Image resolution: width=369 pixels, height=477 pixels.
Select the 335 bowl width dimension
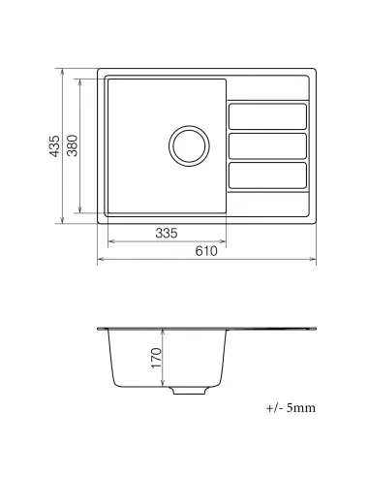click(x=166, y=234)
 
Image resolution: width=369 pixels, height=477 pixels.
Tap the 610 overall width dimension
click(x=206, y=251)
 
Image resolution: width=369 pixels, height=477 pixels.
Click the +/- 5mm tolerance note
click(x=290, y=408)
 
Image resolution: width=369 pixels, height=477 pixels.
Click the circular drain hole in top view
click(x=187, y=145)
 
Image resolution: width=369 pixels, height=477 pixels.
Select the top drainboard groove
click(x=267, y=115)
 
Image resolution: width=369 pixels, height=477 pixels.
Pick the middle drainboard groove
click(x=267, y=145)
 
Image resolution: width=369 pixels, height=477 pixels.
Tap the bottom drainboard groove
click(x=267, y=175)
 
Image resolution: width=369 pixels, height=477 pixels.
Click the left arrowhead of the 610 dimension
click(x=101, y=260)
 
